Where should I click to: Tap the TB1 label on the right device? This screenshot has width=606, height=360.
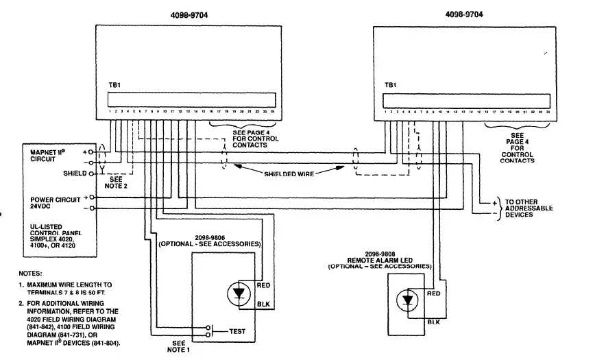tap(391, 85)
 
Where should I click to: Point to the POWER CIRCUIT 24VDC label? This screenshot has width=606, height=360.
tap(47, 204)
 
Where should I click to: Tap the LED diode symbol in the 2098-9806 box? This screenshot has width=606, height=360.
tap(238, 293)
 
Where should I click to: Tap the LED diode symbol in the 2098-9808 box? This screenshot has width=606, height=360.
tap(409, 300)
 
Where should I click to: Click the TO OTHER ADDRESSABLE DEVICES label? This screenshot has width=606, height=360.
tap(528, 207)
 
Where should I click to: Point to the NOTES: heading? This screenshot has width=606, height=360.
tap(31, 273)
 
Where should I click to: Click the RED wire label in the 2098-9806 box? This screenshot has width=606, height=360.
tap(263, 284)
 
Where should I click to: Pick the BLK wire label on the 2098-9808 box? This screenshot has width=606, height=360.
tap(433, 321)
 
